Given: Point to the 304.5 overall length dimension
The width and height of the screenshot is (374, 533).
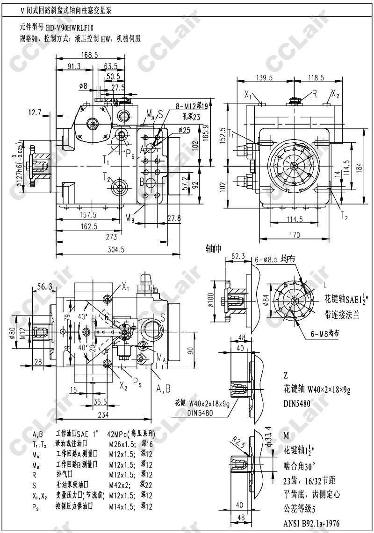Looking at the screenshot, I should pos(116,249).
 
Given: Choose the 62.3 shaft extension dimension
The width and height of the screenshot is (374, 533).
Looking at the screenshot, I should pos(238,256).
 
